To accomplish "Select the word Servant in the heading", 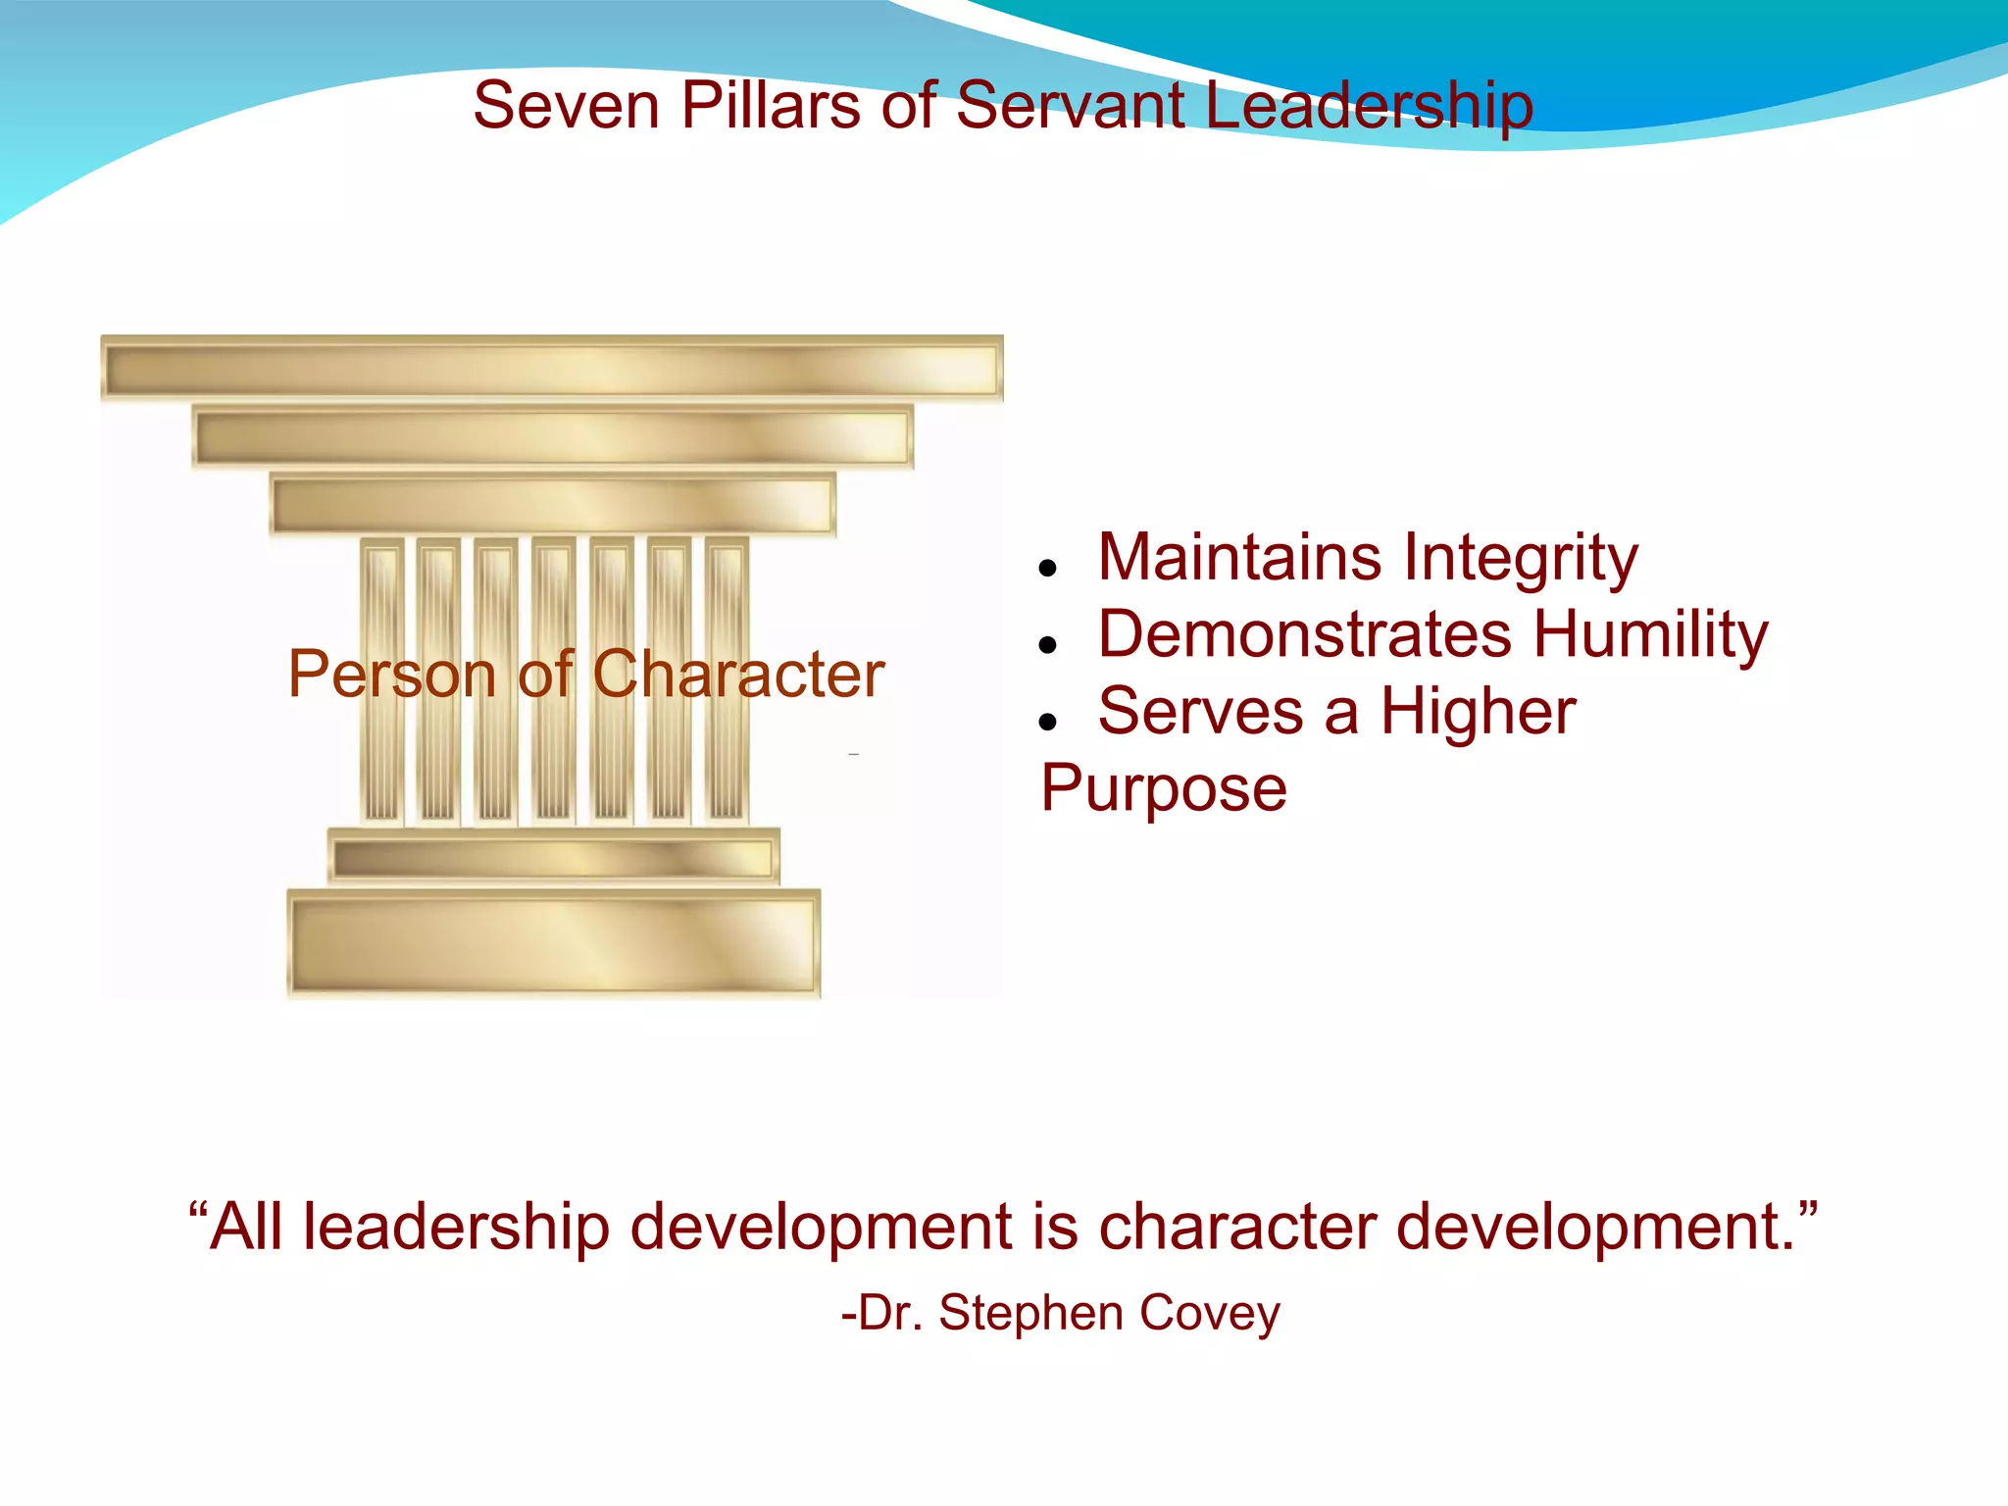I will tap(1070, 105).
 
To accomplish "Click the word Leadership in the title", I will tap(1369, 105).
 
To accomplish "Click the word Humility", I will tap(1651, 634).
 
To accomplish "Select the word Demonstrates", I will tap(1304, 634).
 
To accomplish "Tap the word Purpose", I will tap(1164, 788).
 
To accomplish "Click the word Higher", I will tap(1479, 711).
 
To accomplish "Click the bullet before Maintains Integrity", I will tap(1048, 568).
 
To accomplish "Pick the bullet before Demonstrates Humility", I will tap(1048, 644).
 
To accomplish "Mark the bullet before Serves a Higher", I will tap(1048, 722).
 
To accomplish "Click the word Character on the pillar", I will tap(738, 675).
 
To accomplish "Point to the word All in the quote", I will tap(246, 1227).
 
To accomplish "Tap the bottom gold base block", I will tap(554, 944).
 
